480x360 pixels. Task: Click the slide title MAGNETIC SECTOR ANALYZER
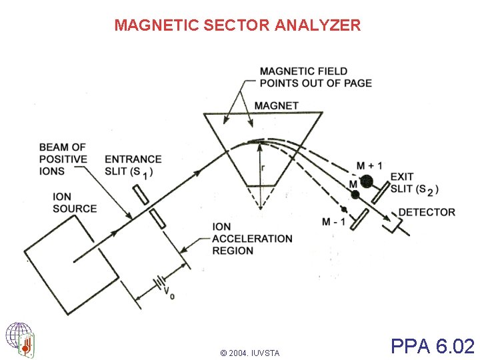pos(237,25)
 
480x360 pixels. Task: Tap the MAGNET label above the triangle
pos(276,105)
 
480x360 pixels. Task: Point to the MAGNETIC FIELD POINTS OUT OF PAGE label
pos(315,77)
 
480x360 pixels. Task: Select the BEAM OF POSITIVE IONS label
pos(63,159)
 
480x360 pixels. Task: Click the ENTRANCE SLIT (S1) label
pos(133,165)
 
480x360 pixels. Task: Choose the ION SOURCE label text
pos(75,203)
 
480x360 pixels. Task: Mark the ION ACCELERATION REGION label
pos(252,239)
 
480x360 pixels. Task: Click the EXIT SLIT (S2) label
pos(413,183)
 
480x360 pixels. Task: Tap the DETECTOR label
pos(427,212)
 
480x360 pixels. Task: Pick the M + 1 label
pos(369,165)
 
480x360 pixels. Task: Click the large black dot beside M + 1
pos(366,181)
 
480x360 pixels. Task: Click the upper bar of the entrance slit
pos(141,193)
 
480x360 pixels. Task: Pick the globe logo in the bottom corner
pos(20,339)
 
